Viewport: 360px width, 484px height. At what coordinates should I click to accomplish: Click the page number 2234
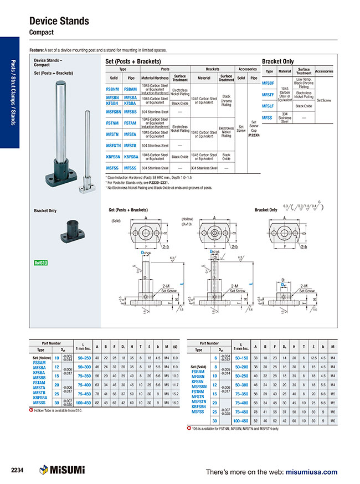[x=17, y=470]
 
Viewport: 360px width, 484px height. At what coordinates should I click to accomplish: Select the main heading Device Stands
[x=59, y=21]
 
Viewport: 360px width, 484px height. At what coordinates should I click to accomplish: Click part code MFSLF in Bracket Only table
[x=268, y=106]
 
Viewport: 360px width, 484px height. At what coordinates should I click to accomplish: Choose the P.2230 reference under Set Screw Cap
[x=253, y=135]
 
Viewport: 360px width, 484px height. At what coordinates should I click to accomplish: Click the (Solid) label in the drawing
[x=116, y=220]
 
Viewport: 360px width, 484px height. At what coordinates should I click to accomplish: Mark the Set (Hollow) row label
[x=41, y=358]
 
